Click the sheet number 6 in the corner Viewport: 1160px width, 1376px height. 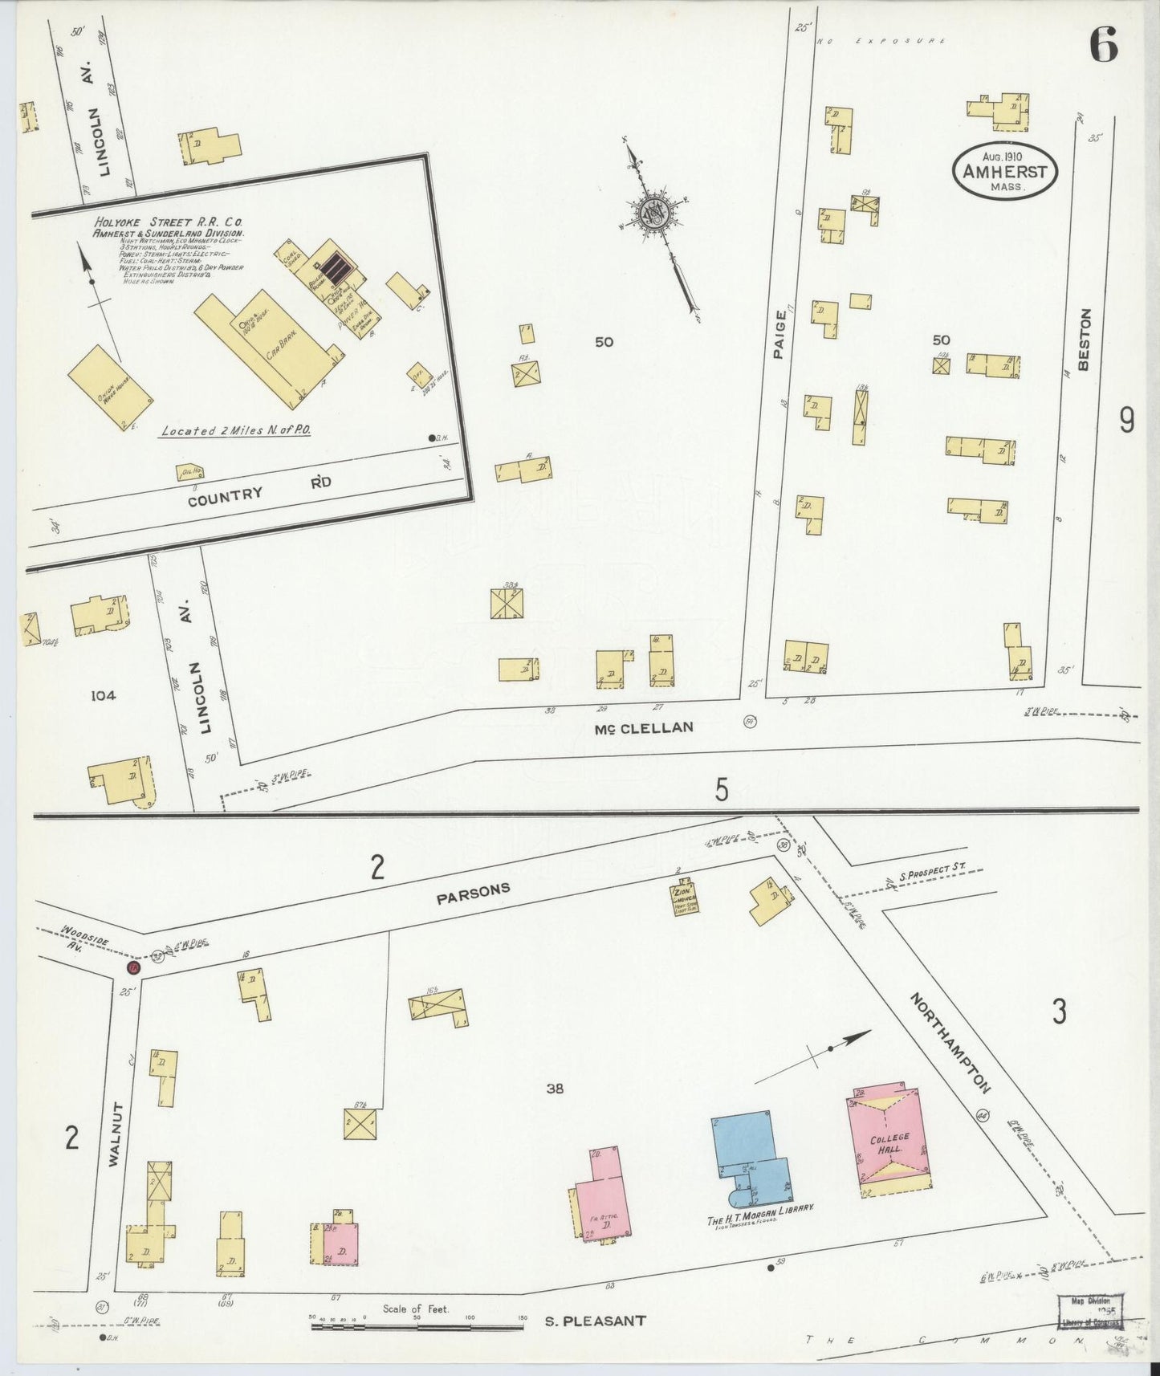[1104, 47]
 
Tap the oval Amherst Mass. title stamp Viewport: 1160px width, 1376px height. [1004, 172]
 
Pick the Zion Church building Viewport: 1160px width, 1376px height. [685, 900]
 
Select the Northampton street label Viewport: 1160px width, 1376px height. [950, 1043]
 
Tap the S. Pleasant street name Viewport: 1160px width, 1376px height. [595, 1320]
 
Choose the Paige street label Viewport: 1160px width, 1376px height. [779, 336]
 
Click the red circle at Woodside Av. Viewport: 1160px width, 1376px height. [134, 968]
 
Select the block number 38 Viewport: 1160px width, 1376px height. [555, 1089]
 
